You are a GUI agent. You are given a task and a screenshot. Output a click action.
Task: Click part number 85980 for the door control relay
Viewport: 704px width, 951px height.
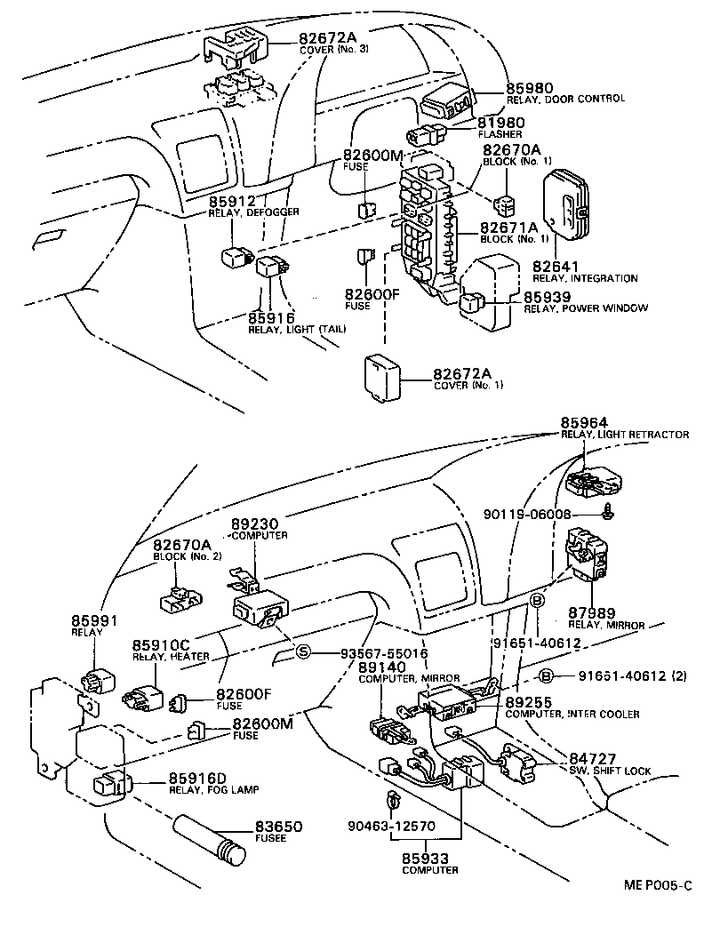click(x=530, y=88)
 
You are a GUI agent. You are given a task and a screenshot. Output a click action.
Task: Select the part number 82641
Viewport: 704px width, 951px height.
click(x=556, y=266)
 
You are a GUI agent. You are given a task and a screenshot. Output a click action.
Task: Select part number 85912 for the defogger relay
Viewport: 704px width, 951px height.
click(x=232, y=200)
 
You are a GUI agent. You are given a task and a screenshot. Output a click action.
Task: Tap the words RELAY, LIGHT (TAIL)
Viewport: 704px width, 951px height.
click(x=297, y=330)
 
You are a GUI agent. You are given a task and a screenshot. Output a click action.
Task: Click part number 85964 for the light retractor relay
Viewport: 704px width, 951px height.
click(x=585, y=422)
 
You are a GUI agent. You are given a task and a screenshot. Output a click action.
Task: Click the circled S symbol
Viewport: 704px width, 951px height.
click(x=302, y=652)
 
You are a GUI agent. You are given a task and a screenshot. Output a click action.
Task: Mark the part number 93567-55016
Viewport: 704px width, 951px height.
click(x=384, y=652)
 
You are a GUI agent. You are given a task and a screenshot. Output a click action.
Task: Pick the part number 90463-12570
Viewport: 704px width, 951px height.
click(x=391, y=826)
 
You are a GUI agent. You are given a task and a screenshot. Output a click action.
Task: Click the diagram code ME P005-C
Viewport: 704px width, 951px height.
click(x=656, y=885)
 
